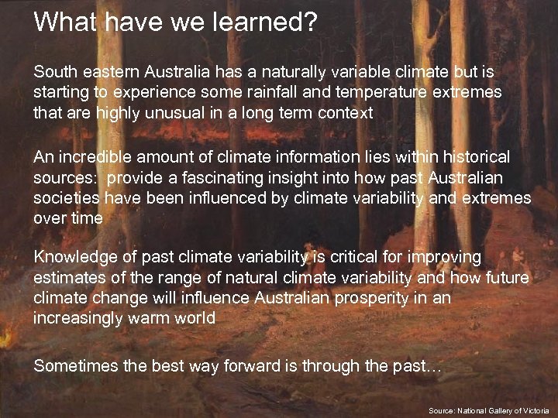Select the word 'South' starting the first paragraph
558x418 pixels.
coord(54,72)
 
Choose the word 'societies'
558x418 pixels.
coord(65,198)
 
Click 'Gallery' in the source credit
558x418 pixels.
coord(498,409)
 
